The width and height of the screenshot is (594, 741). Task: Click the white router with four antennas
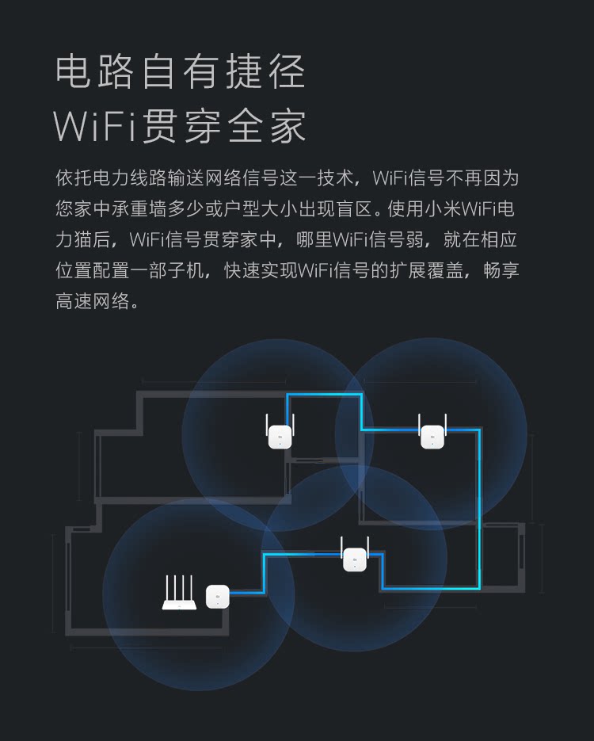pyautogui.click(x=179, y=593)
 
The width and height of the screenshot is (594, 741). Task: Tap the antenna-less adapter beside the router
pyautogui.click(x=218, y=597)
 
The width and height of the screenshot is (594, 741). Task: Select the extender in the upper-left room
pyautogui.click(x=280, y=431)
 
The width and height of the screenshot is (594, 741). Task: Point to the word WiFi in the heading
pyautogui.click(x=94, y=127)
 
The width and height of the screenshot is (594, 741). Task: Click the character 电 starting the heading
pyautogui.click(x=72, y=71)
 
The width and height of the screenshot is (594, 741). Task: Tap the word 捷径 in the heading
pyautogui.click(x=265, y=71)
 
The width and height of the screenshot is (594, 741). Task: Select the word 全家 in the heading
pyautogui.click(x=266, y=127)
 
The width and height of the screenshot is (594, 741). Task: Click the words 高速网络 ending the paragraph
pyautogui.click(x=93, y=301)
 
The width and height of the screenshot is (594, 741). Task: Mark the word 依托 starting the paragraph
pyautogui.click(x=74, y=178)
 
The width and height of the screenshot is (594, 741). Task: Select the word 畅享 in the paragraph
pyautogui.click(x=501, y=270)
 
